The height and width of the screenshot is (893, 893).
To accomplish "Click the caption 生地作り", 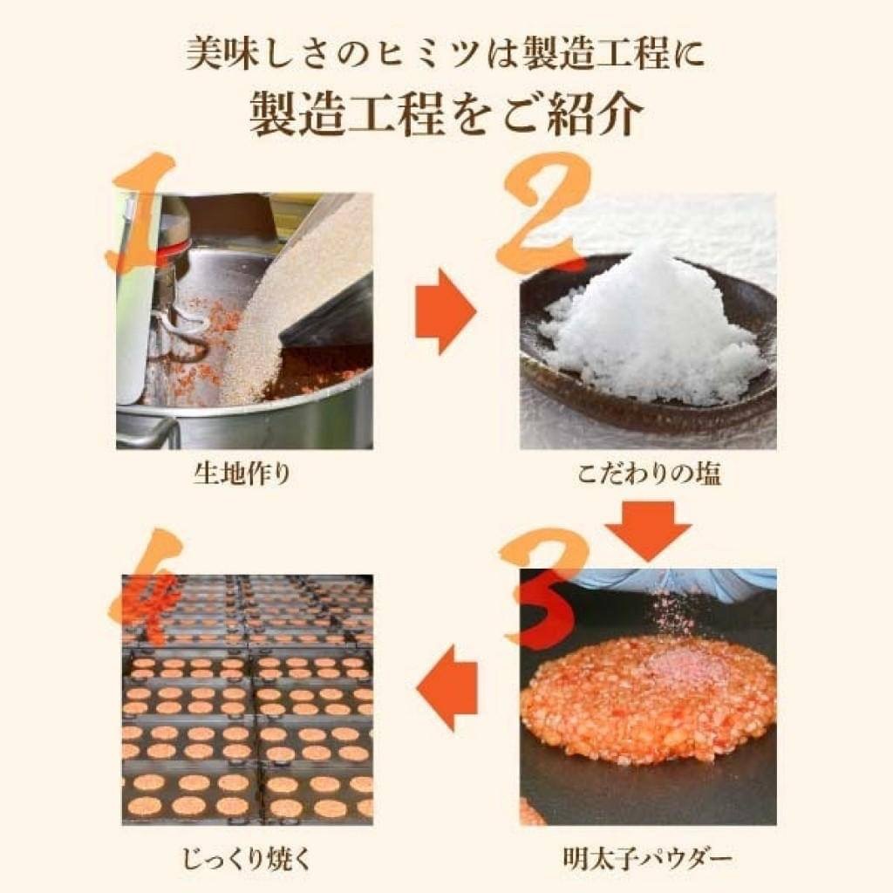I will pos(242,476).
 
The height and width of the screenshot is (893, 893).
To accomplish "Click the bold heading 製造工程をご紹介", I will pos(446,114).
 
